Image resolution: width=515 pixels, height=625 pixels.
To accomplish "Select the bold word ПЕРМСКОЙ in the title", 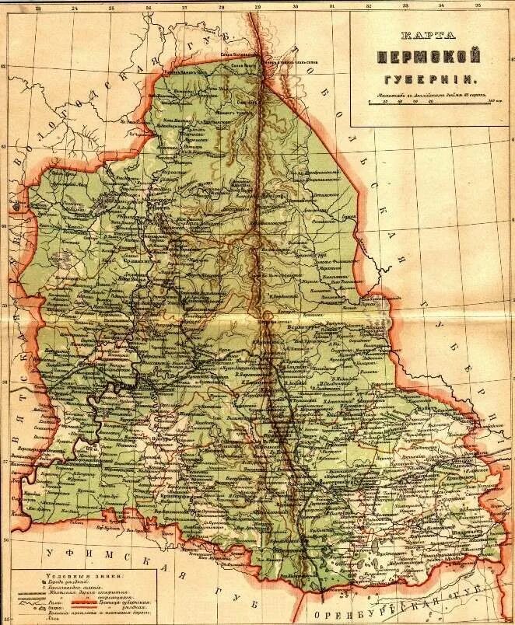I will pyautogui.click(x=429, y=57).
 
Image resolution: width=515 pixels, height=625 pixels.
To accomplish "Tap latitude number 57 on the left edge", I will pyautogui.click(x=7, y=462).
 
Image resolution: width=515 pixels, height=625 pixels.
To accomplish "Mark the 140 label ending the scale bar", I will pyautogui.click(x=490, y=101).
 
